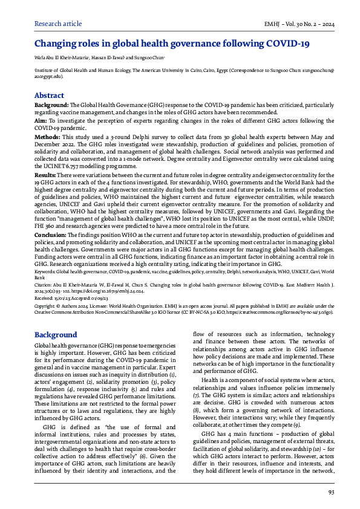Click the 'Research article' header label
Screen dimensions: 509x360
pos(59,24)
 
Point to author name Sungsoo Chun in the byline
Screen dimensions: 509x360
pos(149,59)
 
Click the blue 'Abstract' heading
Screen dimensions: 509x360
pos(49,96)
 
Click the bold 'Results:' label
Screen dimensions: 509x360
pos(46,175)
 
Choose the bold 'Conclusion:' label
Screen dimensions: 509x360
pos(50,235)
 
